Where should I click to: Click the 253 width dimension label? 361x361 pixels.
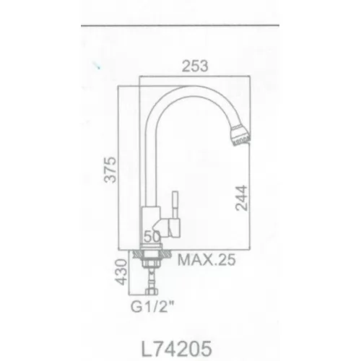coord(195,66)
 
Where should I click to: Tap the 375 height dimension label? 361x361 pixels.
coord(110,170)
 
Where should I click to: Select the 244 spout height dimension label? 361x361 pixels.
coord(241,198)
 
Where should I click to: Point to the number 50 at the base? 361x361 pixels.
coord(152,236)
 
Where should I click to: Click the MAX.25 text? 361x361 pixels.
coord(206,260)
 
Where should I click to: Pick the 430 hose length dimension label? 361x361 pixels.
coord(121,272)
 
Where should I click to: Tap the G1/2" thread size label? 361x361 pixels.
coord(152,307)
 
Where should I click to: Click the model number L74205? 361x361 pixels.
coord(176,348)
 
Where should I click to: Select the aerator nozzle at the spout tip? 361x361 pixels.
coord(240,135)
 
